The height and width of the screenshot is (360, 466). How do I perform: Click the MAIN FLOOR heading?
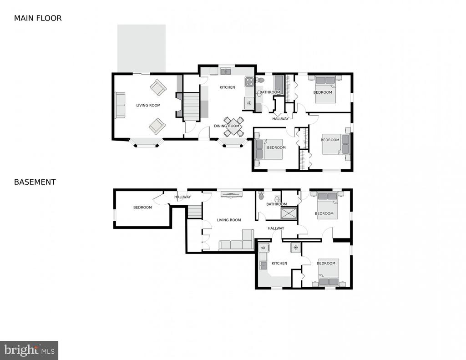coord(38,18)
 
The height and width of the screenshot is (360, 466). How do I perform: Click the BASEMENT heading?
coord(35,182)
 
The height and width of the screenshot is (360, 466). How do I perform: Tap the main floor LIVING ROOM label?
coord(148,105)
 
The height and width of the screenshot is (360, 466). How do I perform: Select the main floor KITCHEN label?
coord(228,87)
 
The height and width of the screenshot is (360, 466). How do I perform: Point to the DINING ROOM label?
coord(227,126)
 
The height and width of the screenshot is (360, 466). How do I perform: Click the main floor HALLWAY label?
coord(280,119)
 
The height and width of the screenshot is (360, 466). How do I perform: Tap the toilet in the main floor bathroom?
coord(260,80)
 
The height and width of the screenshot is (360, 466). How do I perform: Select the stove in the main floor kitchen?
coord(249,82)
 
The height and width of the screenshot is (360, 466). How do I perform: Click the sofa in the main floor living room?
coord(120,105)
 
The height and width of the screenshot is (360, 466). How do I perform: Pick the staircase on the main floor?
coord(191,106)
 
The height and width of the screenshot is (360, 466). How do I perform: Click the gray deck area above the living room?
coord(142,48)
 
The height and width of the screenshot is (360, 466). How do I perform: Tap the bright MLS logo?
coord(29,350)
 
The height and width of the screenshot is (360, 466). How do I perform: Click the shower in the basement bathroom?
coord(289,213)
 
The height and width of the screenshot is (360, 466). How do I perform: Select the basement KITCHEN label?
coord(279,264)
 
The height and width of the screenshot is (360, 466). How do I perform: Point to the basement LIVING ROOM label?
coord(229,220)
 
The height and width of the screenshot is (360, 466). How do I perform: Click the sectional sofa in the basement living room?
coord(237,240)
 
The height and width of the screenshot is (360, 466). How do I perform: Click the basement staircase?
coord(195,212)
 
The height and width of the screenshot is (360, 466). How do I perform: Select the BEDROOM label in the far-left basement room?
coord(142,208)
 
